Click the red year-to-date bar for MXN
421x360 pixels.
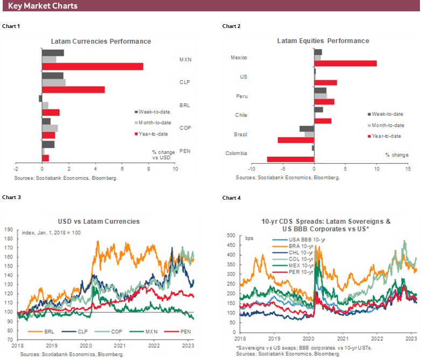point(92,66)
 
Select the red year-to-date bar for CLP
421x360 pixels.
point(73,89)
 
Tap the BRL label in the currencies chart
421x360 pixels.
point(185,105)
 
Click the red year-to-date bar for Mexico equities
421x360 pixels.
point(345,63)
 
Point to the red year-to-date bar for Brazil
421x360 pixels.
point(296,140)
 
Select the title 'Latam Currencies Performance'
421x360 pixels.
point(101,41)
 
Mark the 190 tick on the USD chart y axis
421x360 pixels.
point(9,229)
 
